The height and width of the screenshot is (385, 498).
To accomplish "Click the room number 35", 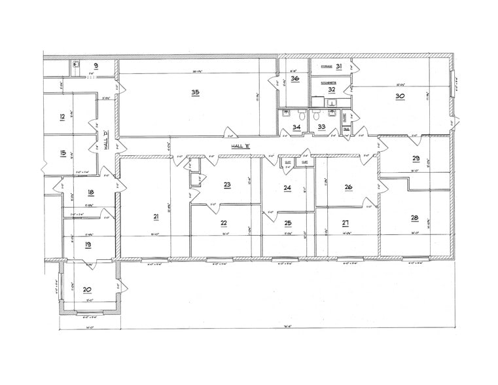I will [x=195, y=92].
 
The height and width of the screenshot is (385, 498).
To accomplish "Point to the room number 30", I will [x=400, y=95].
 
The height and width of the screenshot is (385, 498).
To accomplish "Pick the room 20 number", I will [x=87, y=288].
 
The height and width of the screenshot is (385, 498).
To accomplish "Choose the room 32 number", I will [x=332, y=89].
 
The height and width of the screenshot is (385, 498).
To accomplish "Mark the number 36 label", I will [x=295, y=79].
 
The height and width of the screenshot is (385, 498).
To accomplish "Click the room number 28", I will [x=414, y=217].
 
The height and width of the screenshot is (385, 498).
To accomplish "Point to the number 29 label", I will [x=416, y=158].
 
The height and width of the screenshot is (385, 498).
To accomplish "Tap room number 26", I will [x=348, y=187].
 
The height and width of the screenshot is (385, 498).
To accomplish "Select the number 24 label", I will [x=287, y=187].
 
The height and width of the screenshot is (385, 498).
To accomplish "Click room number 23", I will [x=227, y=185].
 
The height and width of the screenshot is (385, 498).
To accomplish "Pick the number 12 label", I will [x=62, y=117].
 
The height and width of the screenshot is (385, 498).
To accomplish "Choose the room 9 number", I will [x=96, y=65].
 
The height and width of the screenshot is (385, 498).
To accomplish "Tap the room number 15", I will [x=62, y=154].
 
